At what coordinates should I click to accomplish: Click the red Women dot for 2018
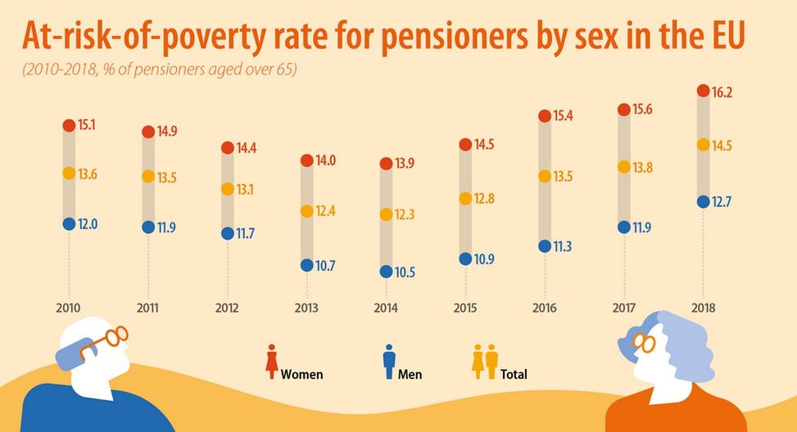pos(702,91)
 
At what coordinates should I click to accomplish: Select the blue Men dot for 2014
pos(386,271)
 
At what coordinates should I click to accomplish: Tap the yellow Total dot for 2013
pos(306,211)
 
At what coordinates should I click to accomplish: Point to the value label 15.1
pos(88,126)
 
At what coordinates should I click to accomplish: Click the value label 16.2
pos(722,92)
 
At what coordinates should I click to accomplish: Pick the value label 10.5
pos(405,272)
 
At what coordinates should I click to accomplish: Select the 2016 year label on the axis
pos(544,308)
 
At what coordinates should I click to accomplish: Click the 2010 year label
pos(69,308)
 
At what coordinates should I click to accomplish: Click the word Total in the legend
pos(514,375)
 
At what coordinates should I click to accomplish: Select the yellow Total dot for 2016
pos(544,176)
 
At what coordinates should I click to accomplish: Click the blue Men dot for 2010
pos(69,223)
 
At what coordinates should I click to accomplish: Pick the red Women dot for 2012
pos(227,148)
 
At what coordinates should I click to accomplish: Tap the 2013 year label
pos(306,308)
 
